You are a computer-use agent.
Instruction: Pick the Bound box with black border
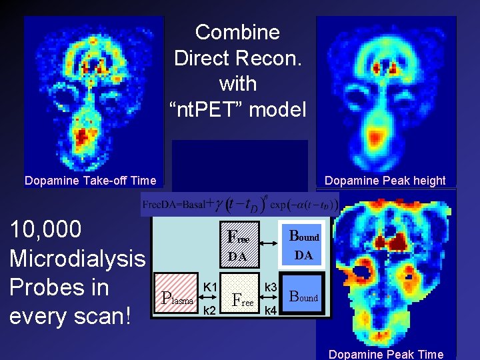(x=303, y=298)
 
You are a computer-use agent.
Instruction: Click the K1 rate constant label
(x=210, y=287)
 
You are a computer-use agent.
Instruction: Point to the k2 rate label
(x=209, y=310)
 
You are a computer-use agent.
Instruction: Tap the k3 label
(x=271, y=287)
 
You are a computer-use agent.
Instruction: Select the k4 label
(x=271, y=310)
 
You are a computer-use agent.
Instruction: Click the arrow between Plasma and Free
(x=209, y=298)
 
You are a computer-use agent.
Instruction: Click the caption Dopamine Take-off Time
(x=90, y=180)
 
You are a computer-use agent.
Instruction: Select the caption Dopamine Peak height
(x=385, y=180)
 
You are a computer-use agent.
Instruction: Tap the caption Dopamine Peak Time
(x=386, y=354)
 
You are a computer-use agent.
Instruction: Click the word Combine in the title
(x=237, y=32)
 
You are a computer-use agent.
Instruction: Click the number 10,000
(x=45, y=229)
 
